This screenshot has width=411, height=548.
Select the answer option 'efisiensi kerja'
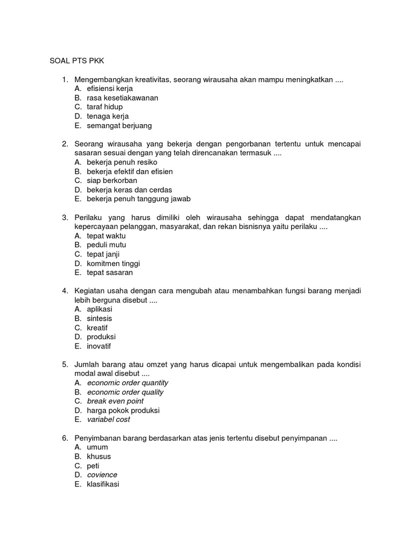click(x=109, y=89)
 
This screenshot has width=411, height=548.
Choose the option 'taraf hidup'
click(x=104, y=107)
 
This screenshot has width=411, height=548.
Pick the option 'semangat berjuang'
click(x=119, y=126)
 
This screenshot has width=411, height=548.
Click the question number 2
click(x=64, y=144)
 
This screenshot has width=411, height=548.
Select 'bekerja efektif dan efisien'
click(x=130, y=172)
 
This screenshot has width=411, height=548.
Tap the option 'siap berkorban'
click(x=112, y=181)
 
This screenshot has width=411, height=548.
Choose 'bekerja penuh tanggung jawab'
click(x=139, y=199)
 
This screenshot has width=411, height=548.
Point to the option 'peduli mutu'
click(x=106, y=245)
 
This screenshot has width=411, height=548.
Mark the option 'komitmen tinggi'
click(x=113, y=263)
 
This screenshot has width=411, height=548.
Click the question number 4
click(x=64, y=291)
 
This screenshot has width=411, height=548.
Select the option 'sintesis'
click(x=100, y=318)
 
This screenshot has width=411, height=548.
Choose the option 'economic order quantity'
click(x=127, y=383)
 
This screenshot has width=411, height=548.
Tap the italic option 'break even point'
click(x=115, y=401)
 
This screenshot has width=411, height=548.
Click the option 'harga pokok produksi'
click(x=123, y=410)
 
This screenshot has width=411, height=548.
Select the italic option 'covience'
click(x=102, y=475)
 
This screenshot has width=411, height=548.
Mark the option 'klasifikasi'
click(x=103, y=484)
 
